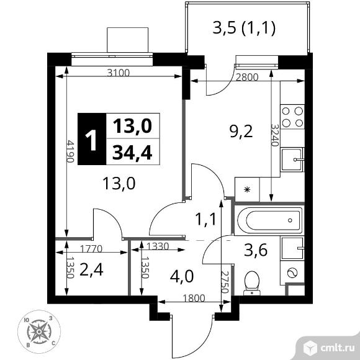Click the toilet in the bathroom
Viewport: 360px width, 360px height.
(x=252, y=283)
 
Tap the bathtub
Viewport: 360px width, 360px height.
(x=270, y=220)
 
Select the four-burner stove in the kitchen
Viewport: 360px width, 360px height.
(x=292, y=117)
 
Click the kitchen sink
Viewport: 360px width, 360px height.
(x=292, y=160)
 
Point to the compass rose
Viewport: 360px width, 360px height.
(x=39, y=332)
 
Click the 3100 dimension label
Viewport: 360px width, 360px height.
(x=119, y=73)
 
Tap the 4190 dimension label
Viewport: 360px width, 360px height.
(x=70, y=151)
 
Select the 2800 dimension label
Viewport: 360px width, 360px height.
(x=247, y=77)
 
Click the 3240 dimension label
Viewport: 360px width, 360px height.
(x=275, y=135)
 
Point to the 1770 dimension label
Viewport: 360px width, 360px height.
(x=91, y=249)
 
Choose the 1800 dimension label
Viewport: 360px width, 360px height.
(x=194, y=298)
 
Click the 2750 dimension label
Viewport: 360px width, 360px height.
(x=225, y=282)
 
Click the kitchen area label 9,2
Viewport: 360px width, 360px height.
(x=241, y=132)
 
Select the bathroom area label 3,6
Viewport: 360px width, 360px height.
(x=256, y=250)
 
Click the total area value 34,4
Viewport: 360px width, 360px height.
(x=132, y=153)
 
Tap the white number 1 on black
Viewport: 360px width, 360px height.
(x=91, y=140)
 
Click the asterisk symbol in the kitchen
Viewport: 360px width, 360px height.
(x=247, y=190)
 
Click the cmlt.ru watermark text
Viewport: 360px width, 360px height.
(x=338, y=348)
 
